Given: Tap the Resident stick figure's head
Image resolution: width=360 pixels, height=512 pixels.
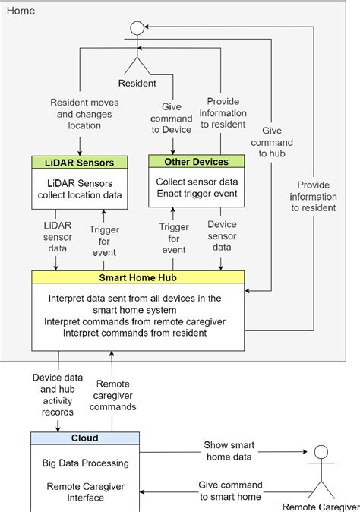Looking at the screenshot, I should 137,29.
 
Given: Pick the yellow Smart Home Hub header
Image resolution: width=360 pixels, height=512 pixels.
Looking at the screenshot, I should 139,277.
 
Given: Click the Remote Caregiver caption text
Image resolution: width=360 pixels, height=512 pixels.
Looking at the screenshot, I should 320,505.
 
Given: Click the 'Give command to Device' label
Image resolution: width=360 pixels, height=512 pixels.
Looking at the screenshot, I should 172,119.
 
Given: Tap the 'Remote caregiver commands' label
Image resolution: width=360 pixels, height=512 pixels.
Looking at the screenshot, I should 113,395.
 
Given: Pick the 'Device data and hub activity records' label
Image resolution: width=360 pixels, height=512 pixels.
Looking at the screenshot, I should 57,395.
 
